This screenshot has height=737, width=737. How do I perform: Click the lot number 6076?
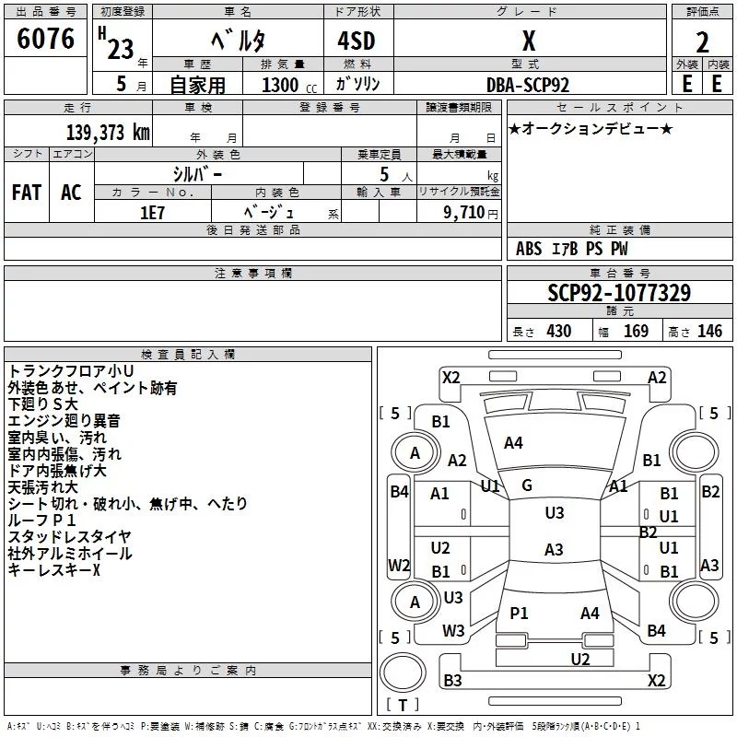[45, 38]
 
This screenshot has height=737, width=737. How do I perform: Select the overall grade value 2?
[702, 42]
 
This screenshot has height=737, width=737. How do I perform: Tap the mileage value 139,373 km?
[108, 133]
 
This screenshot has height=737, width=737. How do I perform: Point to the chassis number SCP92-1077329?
[619, 292]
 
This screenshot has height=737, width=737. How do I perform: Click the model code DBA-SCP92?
[528, 85]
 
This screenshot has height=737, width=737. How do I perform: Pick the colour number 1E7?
[152, 213]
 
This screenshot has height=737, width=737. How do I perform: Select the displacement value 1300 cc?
[289, 85]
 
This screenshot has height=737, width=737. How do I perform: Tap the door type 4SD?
[357, 41]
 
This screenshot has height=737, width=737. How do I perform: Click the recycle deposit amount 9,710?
[464, 212]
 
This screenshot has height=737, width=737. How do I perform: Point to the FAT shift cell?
[27, 193]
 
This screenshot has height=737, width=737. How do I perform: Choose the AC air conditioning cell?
[71, 193]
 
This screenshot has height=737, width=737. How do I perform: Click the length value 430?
[559, 331]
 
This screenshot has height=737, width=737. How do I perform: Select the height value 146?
[709, 331]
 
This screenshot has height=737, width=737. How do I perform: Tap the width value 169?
[636, 331]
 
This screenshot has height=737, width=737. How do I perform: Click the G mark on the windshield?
[527, 485]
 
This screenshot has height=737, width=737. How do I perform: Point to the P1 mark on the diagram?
[519, 613]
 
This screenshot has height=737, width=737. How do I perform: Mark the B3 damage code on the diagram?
[452, 680]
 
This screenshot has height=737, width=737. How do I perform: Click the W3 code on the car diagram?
[453, 630]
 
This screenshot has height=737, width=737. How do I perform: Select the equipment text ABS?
[529, 249]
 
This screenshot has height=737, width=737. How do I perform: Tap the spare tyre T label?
[403, 705]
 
